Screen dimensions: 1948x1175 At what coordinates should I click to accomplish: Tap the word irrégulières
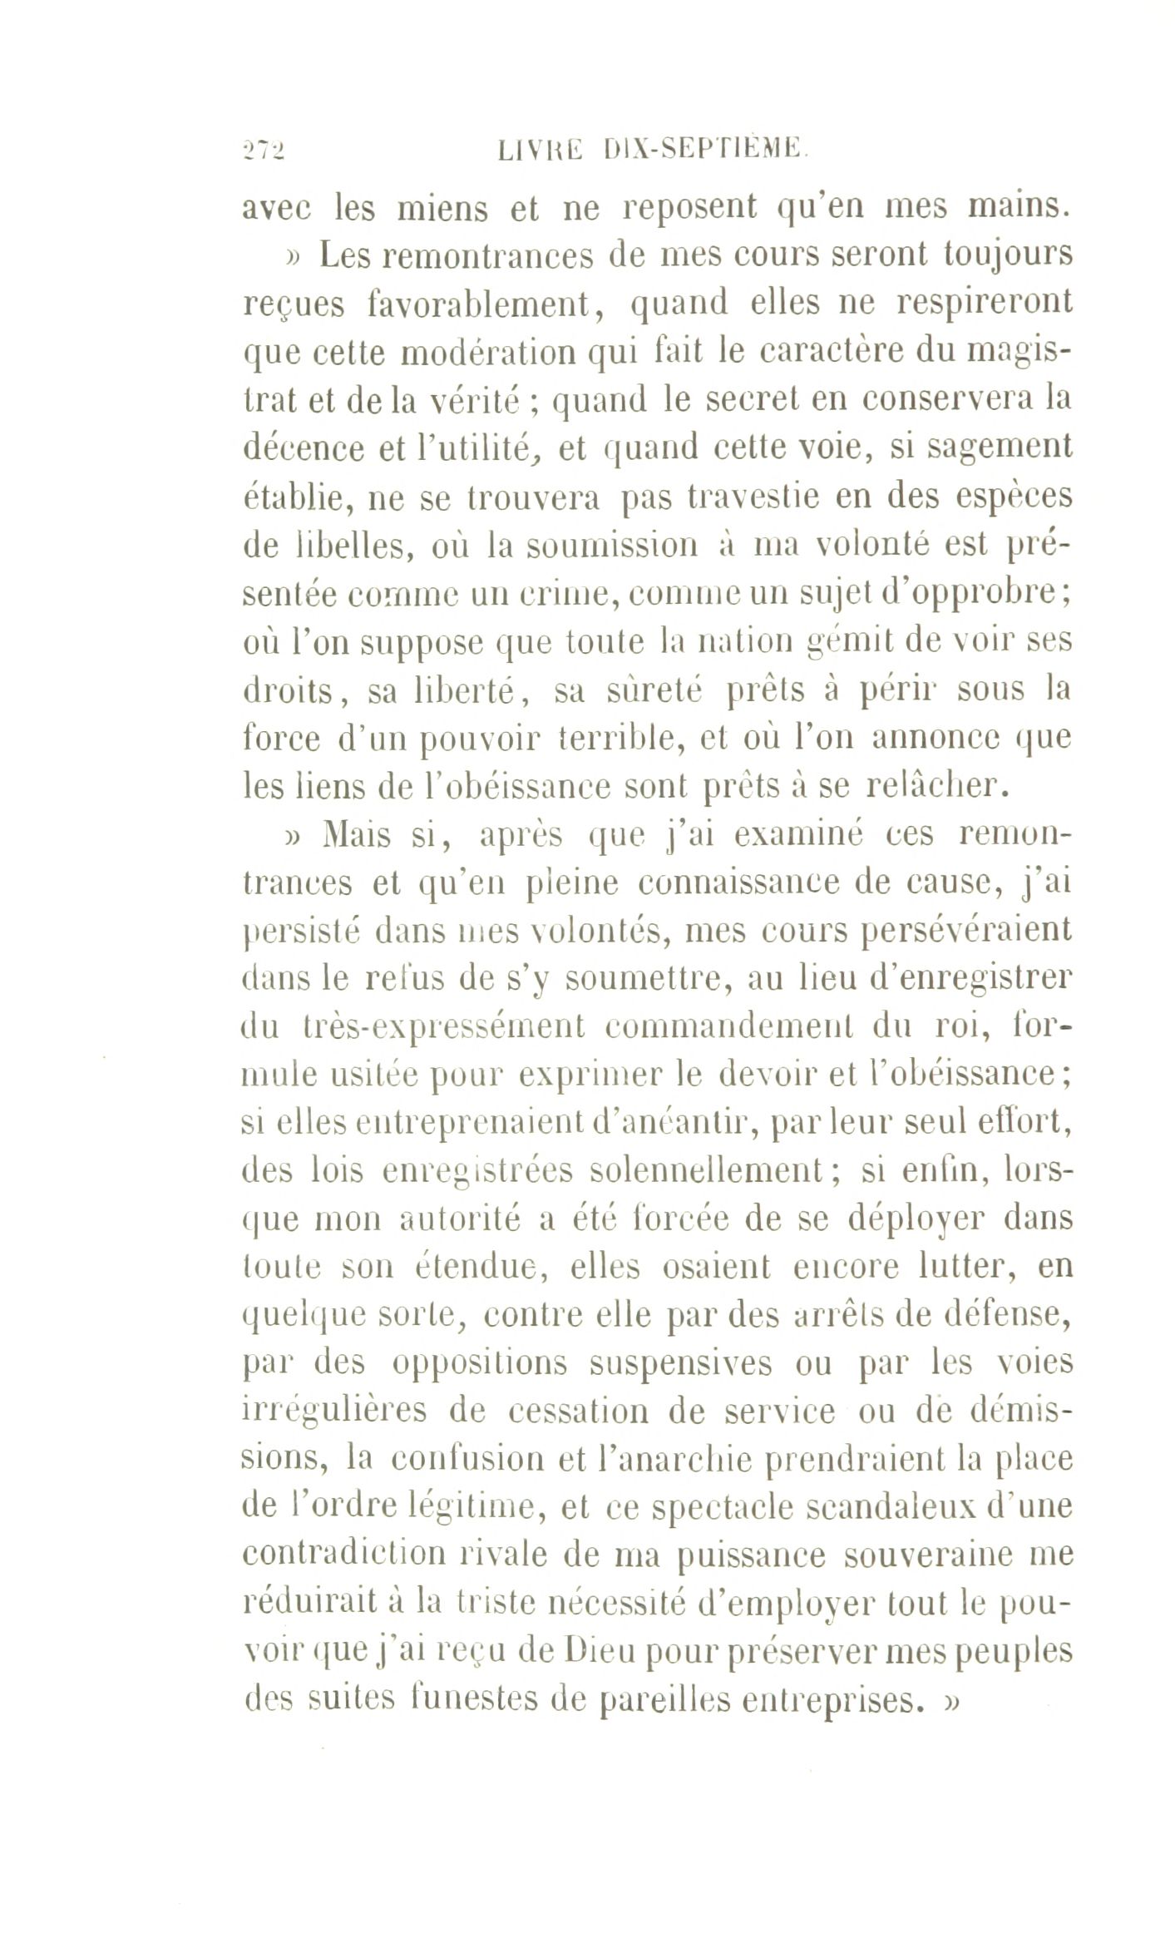tap(333, 1410)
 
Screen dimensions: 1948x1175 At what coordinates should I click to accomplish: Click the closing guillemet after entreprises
tap(951, 1699)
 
